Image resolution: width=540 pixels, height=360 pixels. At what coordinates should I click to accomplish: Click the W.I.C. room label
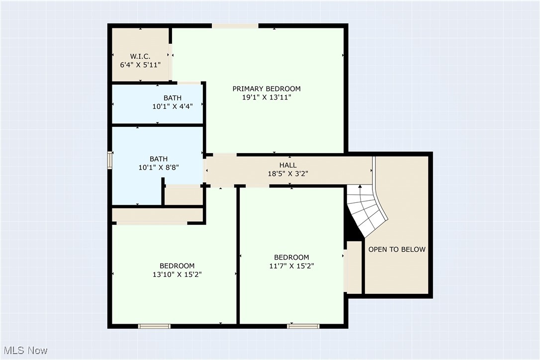coord(140,56)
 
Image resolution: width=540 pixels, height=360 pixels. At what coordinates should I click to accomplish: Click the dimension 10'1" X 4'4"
coord(173,106)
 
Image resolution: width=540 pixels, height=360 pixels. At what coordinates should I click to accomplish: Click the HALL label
coord(288,165)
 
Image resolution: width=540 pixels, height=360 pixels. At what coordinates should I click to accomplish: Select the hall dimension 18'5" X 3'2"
coord(288,174)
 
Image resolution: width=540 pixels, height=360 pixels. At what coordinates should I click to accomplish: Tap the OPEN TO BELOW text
coord(397,249)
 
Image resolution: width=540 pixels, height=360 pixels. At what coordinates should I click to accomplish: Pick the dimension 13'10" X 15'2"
coord(177,274)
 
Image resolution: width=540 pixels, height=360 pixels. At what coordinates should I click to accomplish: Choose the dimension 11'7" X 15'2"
coord(291,266)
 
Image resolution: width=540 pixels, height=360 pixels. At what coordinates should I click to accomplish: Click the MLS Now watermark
coord(24,351)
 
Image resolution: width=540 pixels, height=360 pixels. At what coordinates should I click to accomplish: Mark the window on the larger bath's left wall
coord(110,161)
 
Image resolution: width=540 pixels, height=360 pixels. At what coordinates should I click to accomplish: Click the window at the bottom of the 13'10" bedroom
coord(154,326)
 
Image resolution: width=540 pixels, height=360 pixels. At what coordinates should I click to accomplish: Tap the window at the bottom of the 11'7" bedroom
coord(303,326)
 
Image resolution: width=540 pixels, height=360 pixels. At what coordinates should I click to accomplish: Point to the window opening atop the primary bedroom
coord(235,26)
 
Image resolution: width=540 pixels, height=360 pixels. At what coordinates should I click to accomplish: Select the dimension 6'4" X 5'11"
coord(140,65)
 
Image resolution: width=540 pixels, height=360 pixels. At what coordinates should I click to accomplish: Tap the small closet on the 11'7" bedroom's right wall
coord(354,268)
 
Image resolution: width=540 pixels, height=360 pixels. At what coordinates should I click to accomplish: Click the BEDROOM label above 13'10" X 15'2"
coord(177,266)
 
